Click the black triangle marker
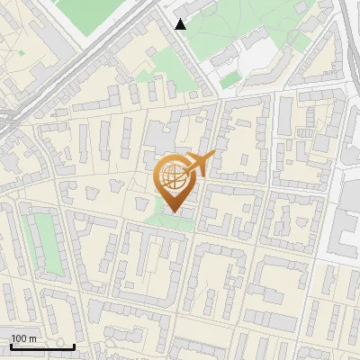tap(181, 24)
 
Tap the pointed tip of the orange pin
tap(174, 212)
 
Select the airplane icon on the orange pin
tap(197, 164)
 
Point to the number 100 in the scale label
tap(18, 338)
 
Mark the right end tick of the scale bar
tap(74, 346)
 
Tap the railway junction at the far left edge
tap(7, 117)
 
